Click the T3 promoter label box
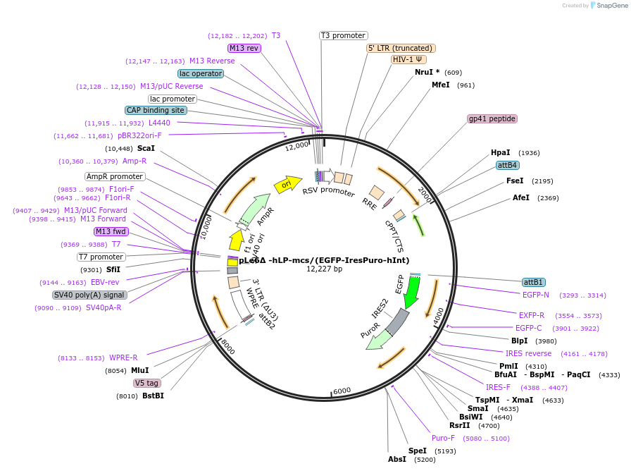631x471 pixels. pyautogui.click(x=343, y=35)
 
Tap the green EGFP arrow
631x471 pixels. pyautogui.click(x=411, y=291)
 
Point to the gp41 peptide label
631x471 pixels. pyautogui.click(x=492, y=118)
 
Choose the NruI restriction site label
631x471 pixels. pyautogui.click(x=427, y=72)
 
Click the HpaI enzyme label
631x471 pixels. pyautogui.click(x=501, y=152)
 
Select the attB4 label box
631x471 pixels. pyautogui.click(x=507, y=165)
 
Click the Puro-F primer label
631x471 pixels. pyautogui.click(x=444, y=438)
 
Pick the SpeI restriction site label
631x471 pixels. pyautogui.click(x=418, y=451)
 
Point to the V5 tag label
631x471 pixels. pyautogui.click(x=147, y=383)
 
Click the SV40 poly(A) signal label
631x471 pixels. pyautogui.click(x=89, y=295)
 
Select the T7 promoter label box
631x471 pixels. pyautogui.click(x=101, y=257)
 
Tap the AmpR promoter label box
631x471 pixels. pyautogui.click(x=115, y=176)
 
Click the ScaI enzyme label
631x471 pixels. pyautogui.click(x=146, y=148)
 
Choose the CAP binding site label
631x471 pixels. pyautogui.click(x=156, y=110)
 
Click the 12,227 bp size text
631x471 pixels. pyautogui.click(x=324, y=269)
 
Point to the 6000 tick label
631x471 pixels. pyautogui.click(x=342, y=391)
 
